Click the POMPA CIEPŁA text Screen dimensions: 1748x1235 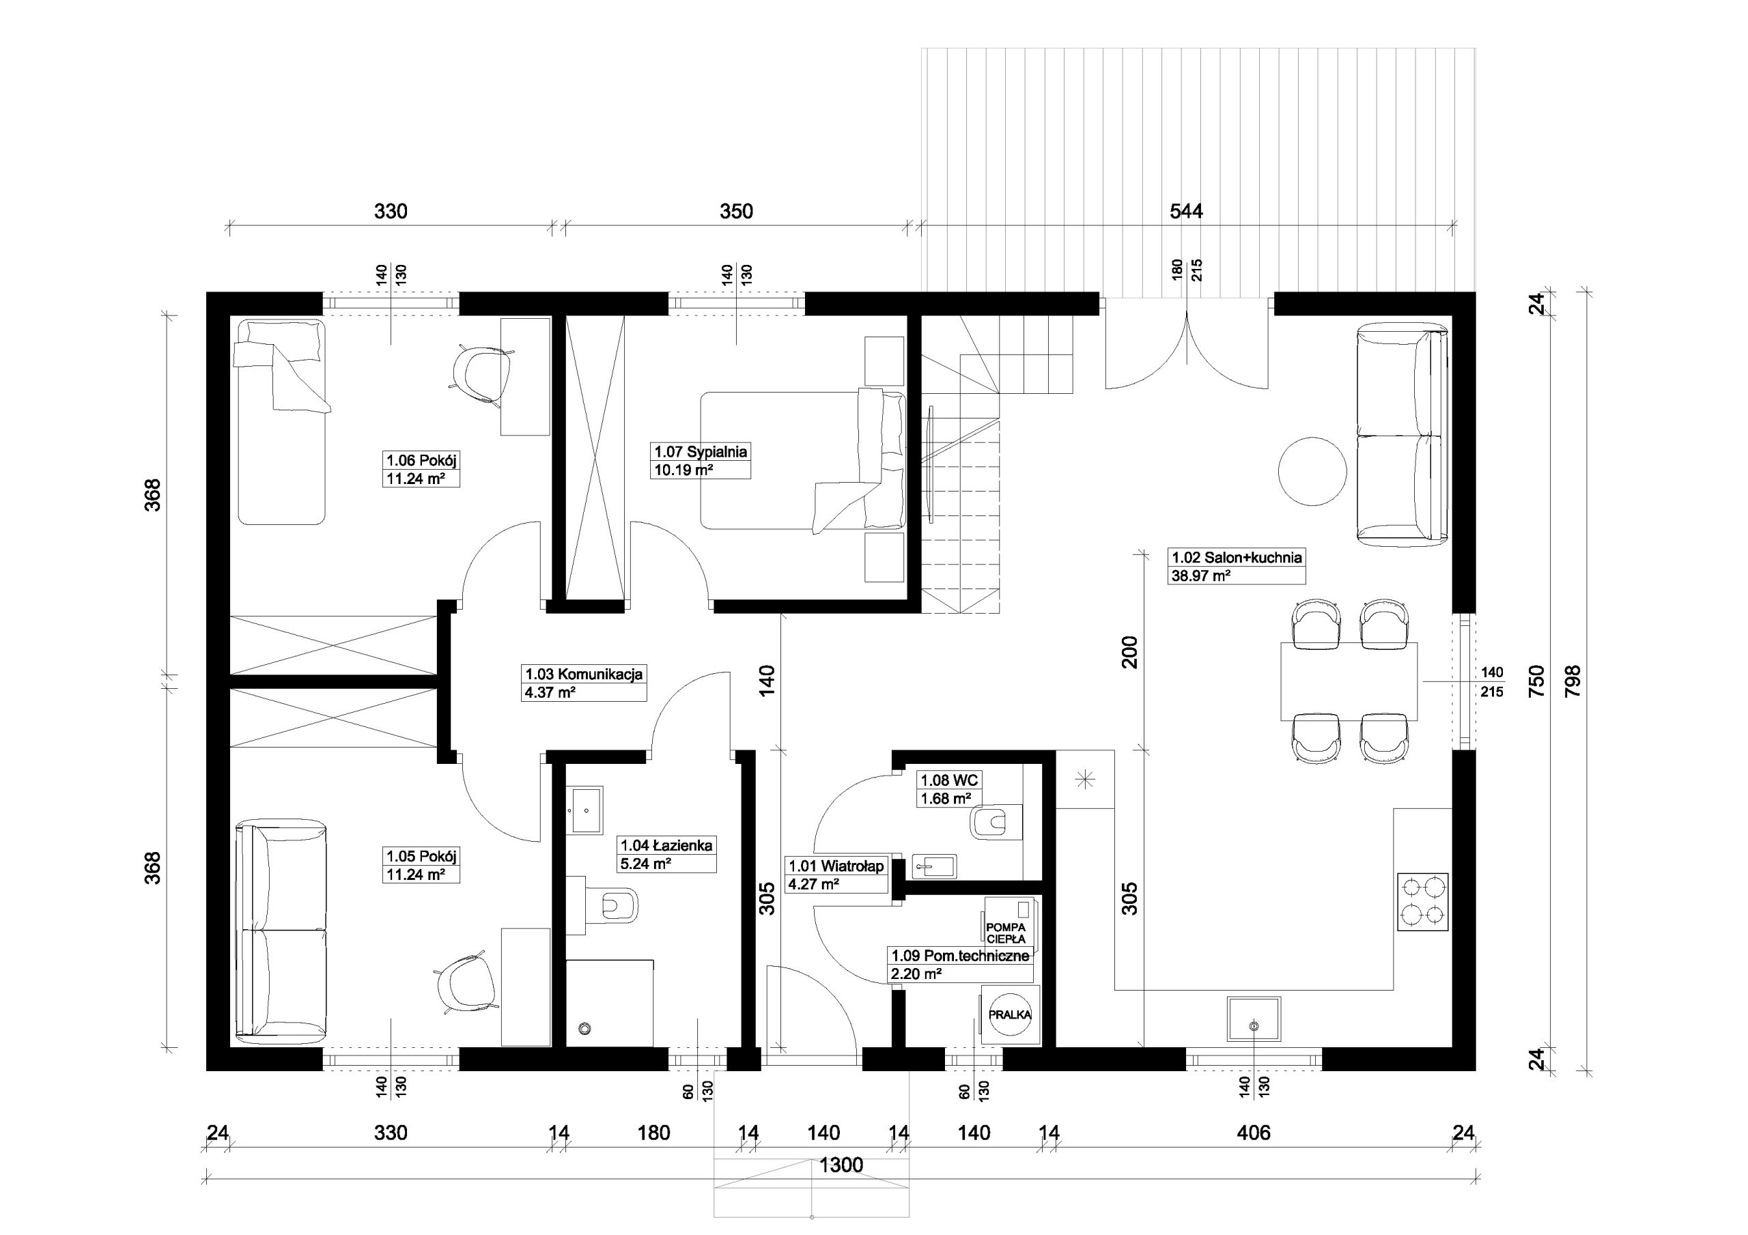pos(1006,933)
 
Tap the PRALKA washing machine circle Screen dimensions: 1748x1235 pos(1009,1015)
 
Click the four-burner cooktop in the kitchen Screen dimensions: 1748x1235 pos(1422,902)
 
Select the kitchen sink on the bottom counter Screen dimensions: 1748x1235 pos(1253,1019)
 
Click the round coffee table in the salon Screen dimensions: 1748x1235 pos(1312,470)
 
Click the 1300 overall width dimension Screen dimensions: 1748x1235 pos(841,1165)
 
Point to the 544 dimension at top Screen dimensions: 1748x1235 pos(1186,211)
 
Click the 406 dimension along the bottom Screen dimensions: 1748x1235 pos(1254,1133)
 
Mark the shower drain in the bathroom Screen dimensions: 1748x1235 pos(584,1028)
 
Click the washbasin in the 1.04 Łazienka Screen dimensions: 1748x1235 pos(584,811)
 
